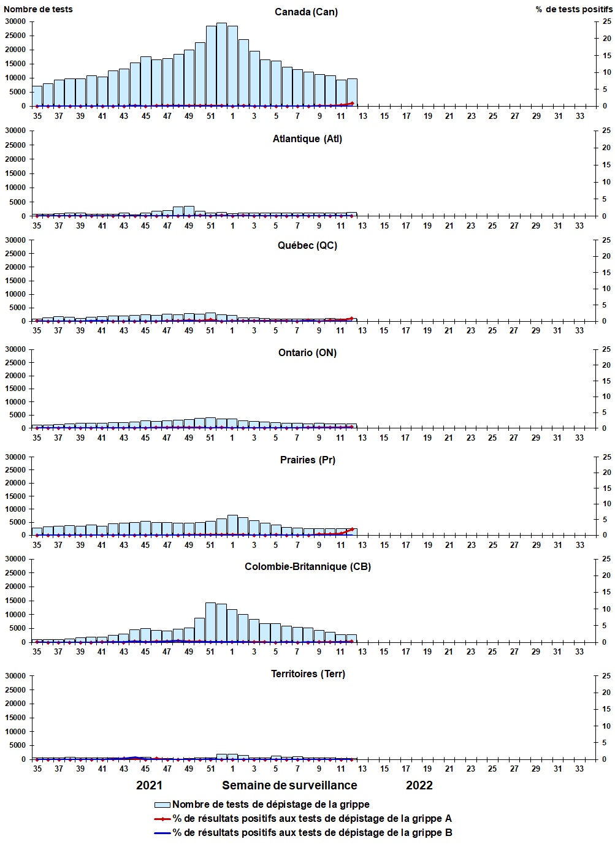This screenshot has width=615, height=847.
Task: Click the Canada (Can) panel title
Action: pos(306,12)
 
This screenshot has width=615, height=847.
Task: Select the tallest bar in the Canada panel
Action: pos(221,64)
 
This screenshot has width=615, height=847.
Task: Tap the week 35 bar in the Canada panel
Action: pos(37,96)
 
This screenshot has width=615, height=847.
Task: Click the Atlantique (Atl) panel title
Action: pos(307,139)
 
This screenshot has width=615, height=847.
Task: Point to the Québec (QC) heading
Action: pos(307,245)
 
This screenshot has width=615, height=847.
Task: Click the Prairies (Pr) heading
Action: pos(307,460)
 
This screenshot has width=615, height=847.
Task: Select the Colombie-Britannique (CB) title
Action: pos(307,566)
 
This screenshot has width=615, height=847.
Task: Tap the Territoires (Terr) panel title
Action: pos(308,674)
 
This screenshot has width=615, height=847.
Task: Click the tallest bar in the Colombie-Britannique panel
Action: pos(210,622)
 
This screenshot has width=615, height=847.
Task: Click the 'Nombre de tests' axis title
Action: pos(38,9)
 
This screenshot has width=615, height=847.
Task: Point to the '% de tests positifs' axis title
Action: pos(573,9)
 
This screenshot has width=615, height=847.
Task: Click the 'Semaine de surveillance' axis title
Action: pos(289,785)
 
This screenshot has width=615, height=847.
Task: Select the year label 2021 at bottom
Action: pos(149,785)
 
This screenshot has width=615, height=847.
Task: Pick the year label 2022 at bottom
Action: pos(419,785)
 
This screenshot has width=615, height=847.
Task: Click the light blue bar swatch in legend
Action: pos(162,805)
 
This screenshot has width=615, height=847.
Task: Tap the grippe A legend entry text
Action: pos(312,818)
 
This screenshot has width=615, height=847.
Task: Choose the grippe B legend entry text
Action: pos(312,832)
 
